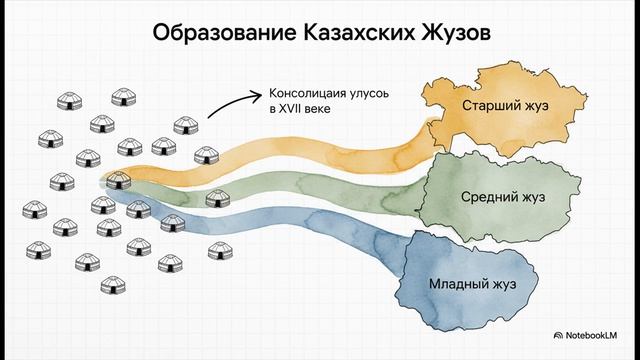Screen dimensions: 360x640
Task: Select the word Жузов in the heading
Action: [455, 34]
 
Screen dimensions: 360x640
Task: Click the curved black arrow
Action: [233, 100]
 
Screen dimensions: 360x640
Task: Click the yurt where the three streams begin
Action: [118, 182]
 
